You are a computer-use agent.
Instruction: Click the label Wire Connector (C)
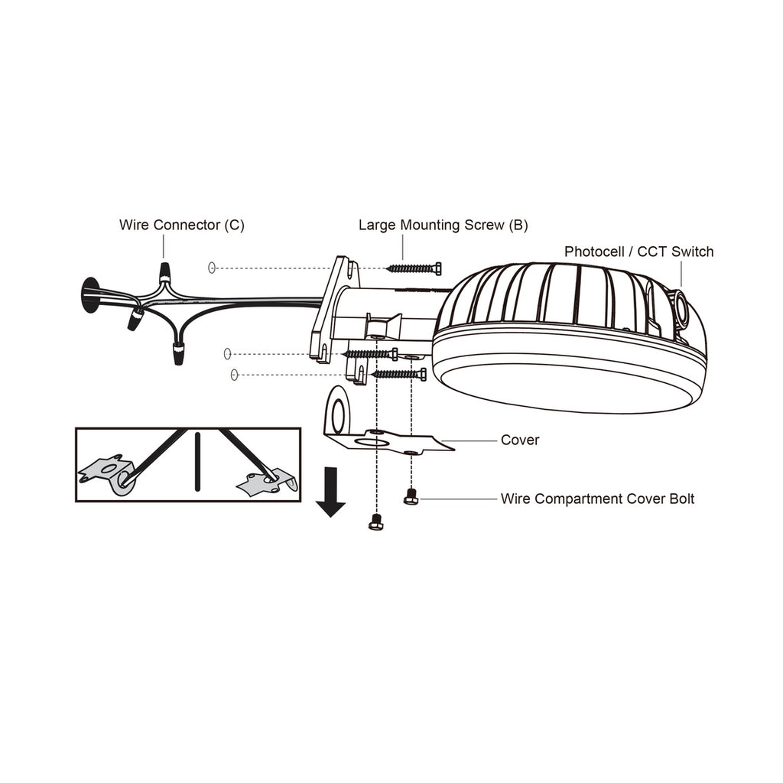coord(182,226)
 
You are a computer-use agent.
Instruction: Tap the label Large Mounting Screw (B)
coord(443,226)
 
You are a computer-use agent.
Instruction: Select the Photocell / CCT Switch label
coord(638,252)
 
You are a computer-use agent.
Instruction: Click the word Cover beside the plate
coord(520,440)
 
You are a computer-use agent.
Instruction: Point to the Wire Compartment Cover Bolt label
coord(597,499)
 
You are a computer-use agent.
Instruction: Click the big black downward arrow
coord(330,492)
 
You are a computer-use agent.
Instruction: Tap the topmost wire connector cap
coord(164,272)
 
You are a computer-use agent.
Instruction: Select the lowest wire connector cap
coord(177,353)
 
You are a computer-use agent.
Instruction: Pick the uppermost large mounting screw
coord(414,268)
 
